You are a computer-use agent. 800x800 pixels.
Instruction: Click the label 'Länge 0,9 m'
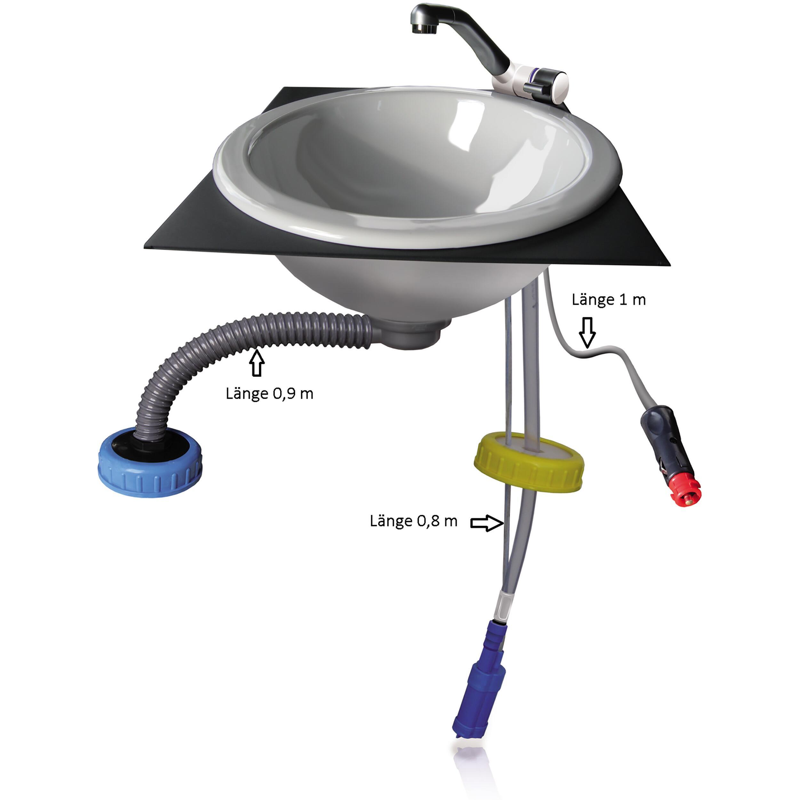click(269, 393)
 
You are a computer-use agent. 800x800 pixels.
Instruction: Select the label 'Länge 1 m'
click(608, 300)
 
